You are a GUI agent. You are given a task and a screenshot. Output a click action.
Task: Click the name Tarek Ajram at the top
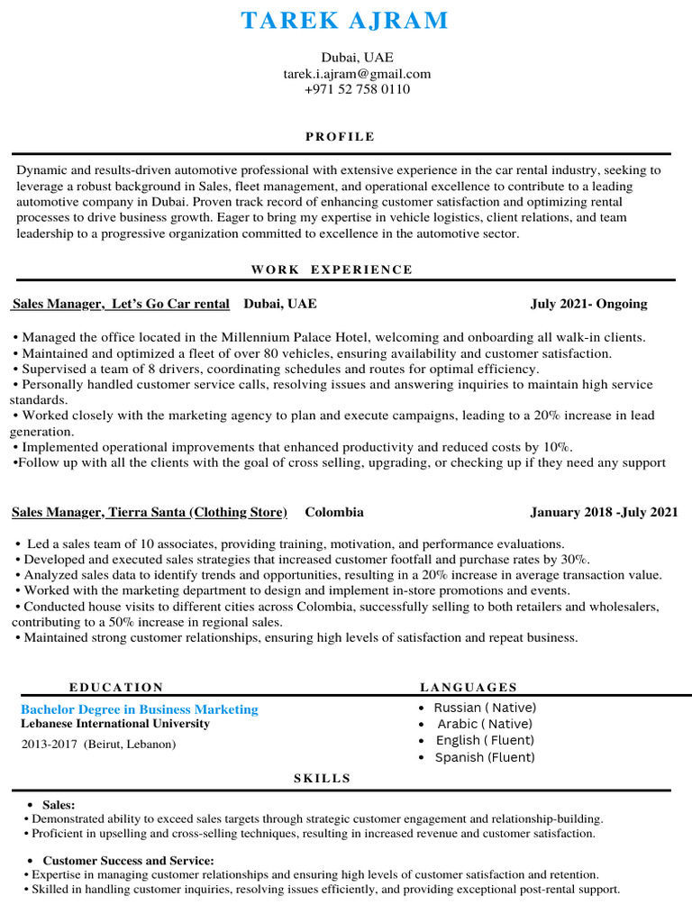pos(345,20)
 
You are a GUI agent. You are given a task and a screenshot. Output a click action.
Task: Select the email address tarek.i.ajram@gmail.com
pos(357,73)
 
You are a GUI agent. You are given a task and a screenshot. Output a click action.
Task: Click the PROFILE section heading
pos(340,137)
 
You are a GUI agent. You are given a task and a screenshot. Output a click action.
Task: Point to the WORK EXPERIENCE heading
pos(332,270)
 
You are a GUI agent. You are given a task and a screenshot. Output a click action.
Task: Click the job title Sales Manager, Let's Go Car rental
pos(121,304)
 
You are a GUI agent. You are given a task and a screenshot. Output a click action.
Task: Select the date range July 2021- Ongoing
pos(588,304)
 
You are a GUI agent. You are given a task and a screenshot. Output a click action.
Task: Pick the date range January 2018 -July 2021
pos(604,512)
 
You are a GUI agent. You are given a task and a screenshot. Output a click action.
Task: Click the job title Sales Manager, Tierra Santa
pos(149,512)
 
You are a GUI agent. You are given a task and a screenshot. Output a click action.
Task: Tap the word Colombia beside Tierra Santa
pos(334,512)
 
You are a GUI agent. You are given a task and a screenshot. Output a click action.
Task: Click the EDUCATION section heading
pos(116,687)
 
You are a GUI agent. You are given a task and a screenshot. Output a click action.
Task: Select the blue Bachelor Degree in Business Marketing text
pos(139,709)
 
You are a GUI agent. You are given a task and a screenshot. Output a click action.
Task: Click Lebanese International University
pos(114,724)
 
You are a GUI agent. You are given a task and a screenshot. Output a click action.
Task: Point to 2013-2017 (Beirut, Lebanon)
pos(98,745)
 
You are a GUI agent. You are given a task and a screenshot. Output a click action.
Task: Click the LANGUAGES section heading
pos(469,687)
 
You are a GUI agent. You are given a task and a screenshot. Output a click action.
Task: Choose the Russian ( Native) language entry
pos(485,708)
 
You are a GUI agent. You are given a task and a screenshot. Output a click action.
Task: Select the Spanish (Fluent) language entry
pos(484,757)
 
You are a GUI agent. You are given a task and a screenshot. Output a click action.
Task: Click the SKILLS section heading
pos(322,778)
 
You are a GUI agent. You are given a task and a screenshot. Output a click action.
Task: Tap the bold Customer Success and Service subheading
pos(128,861)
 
